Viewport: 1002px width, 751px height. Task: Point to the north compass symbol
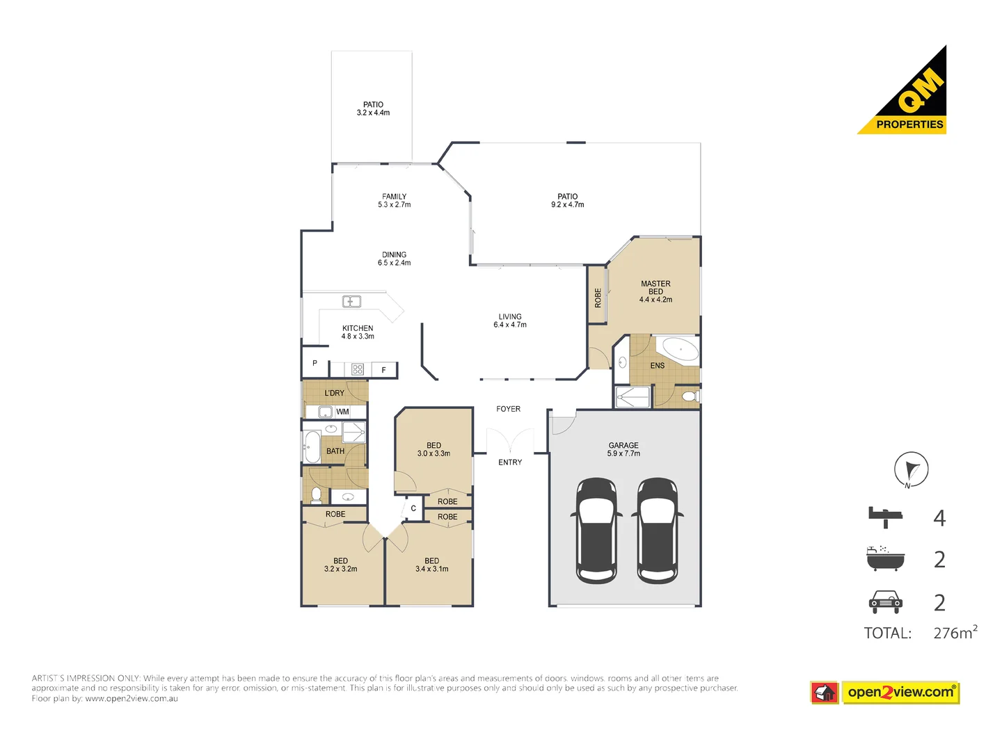point(911,469)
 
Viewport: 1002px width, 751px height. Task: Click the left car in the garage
point(596,531)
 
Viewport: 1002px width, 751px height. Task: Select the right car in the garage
point(658,531)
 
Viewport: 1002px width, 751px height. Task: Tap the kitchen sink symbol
point(351,302)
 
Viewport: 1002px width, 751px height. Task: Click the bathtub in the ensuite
point(680,349)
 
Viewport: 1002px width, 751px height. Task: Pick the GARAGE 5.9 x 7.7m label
point(623,449)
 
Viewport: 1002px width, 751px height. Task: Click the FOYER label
point(508,409)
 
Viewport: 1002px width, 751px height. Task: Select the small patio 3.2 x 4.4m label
point(373,108)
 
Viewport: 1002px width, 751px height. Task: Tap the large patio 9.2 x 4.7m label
point(567,201)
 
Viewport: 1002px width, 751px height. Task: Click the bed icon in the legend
point(885,517)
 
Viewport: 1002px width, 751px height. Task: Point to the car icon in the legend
point(885,601)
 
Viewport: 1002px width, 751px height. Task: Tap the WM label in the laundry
point(342,412)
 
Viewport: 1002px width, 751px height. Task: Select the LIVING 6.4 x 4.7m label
point(510,321)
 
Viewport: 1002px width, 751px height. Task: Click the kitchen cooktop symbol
point(358,369)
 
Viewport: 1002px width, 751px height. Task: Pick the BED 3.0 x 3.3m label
point(434,449)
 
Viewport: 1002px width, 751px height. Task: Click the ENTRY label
point(510,462)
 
